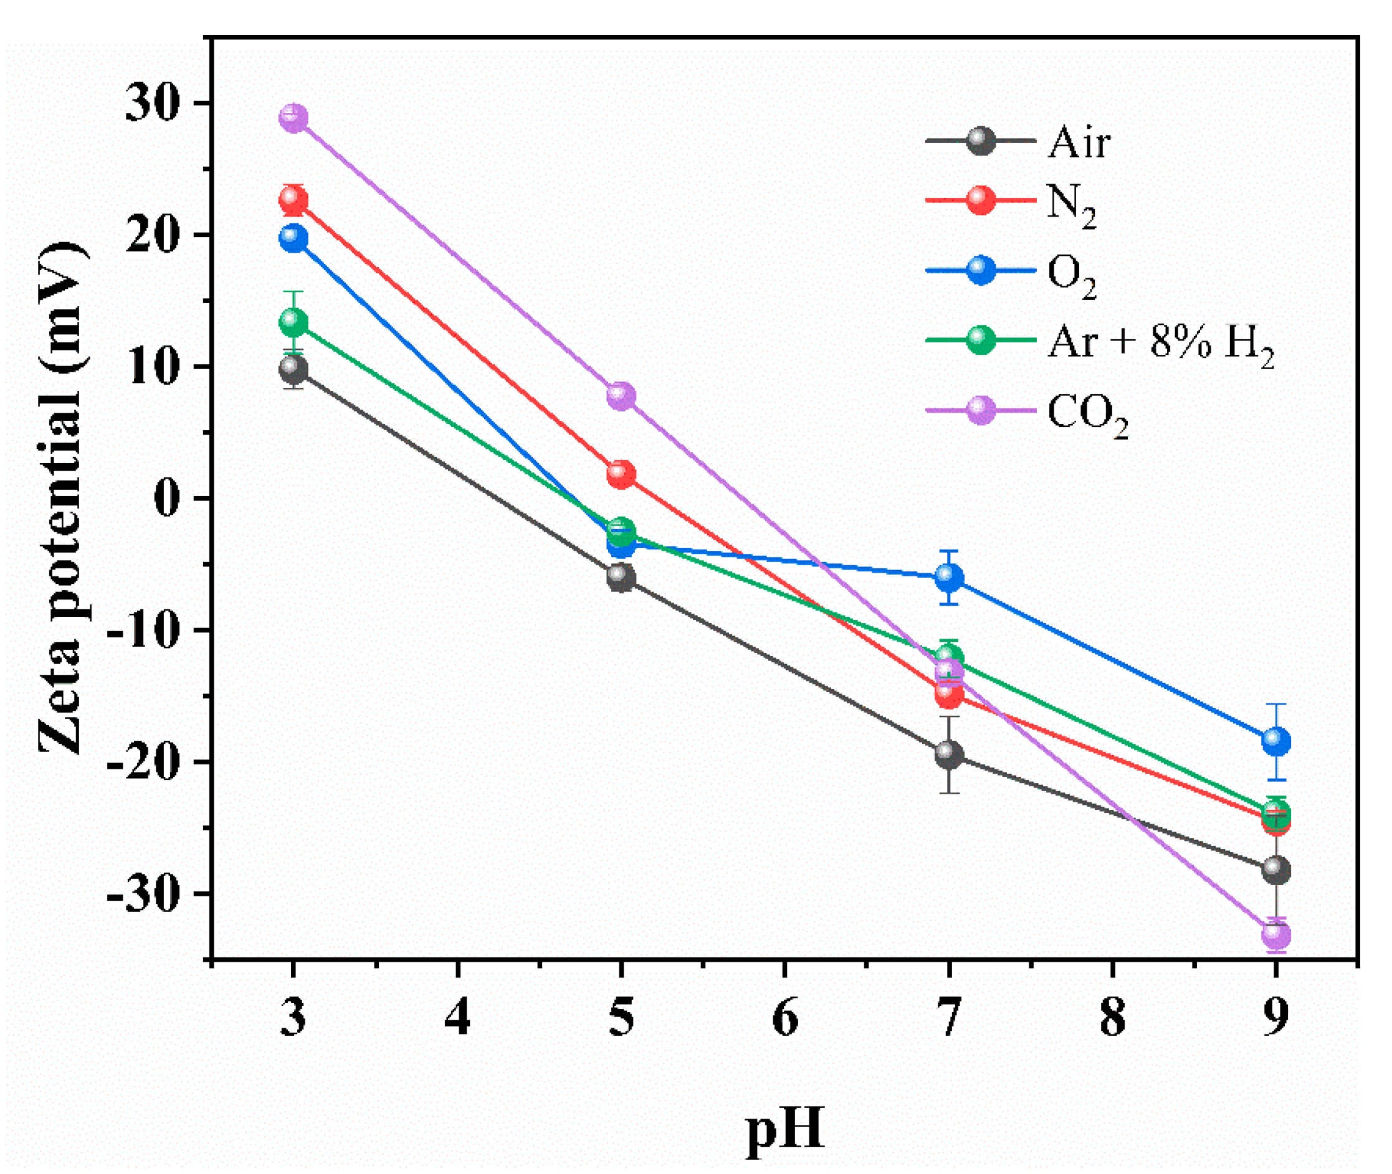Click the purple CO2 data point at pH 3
tap(293, 118)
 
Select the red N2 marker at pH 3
tap(293, 199)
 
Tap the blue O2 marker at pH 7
tap(948, 578)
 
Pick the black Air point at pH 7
tap(948, 754)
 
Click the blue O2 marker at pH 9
tap(1276, 741)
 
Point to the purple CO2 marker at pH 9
tap(1276, 934)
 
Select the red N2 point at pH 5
tap(621, 474)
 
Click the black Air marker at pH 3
tap(293, 368)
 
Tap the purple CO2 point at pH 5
tap(621, 396)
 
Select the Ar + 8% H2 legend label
tap(1160, 344)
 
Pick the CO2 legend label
tap(1087, 414)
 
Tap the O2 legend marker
tap(980, 270)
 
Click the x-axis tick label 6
tap(785, 1018)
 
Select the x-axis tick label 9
tap(1276, 1018)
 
